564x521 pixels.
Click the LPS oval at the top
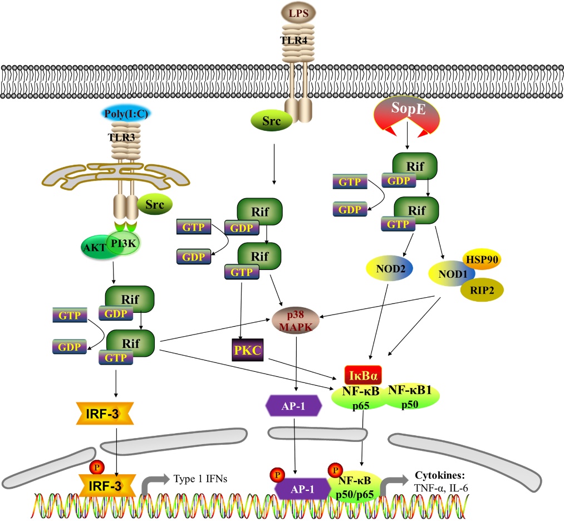pyautogui.click(x=298, y=12)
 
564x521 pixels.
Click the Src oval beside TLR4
pyautogui.click(x=271, y=120)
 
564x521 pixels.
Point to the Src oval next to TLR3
pyautogui.click(x=155, y=204)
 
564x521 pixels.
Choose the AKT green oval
pyautogui.click(x=95, y=248)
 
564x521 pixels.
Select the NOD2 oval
pyautogui.click(x=390, y=268)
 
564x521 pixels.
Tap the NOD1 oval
pyautogui.click(x=450, y=274)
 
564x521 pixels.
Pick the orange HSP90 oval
pyautogui.click(x=482, y=259)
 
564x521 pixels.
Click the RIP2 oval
pyautogui.click(x=482, y=289)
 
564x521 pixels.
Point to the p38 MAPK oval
pyautogui.click(x=296, y=320)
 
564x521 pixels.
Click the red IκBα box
pyautogui.click(x=364, y=375)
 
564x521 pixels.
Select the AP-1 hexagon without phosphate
pyautogui.click(x=293, y=406)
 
